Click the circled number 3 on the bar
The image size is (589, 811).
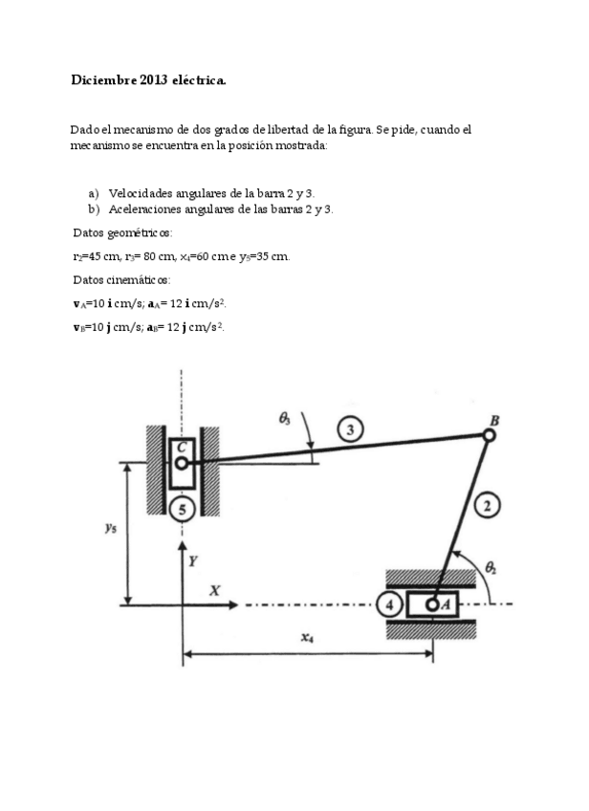pyautogui.click(x=353, y=430)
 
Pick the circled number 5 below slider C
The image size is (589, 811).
pyautogui.click(x=181, y=509)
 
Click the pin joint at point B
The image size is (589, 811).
pyautogui.click(x=489, y=435)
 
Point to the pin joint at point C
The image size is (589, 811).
pyautogui.click(x=180, y=463)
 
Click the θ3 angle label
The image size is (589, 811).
pyautogui.click(x=285, y=418)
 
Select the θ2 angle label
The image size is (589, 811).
pyautogui.click(x=491, y=568)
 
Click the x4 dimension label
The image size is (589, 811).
pyautogui.click(x=307, y=638)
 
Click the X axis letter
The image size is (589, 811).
pyautogui.click(x=215, y=592)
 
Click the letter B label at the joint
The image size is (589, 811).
pyautogui.click(x=494, y=420)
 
